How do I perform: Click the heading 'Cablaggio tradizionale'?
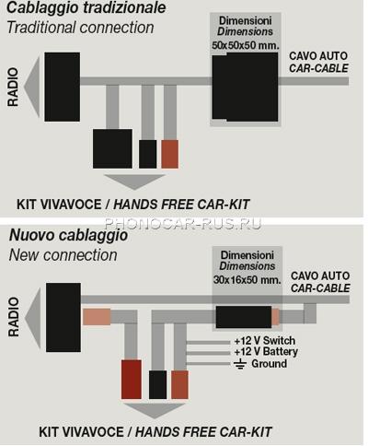click(86, 7)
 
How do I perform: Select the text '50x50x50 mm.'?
click(246, 45)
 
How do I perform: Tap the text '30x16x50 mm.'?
click(247, 280)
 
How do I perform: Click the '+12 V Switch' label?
click(265, 341)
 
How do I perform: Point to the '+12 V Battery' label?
click(266, 352)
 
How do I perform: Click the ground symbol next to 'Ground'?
click(240, 364)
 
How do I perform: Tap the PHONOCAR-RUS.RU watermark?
click(183, 223)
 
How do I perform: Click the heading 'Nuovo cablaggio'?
click(68, 236)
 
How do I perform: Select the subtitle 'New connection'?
click(63, 255)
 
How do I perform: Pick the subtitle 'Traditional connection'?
click(80, 28)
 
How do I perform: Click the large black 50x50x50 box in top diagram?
click(245, 87)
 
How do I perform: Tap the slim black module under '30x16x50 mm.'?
click(244, 317)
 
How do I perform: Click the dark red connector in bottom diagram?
click(132, 380)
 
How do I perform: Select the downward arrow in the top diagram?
click(134, 182)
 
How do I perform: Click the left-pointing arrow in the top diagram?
click(33, 87)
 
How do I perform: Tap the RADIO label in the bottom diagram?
click(14, 316)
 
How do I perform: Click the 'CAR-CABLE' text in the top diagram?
click(318, 68)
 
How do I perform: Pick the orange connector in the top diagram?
click(170, 154)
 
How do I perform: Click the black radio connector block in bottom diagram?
click(63, 317)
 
